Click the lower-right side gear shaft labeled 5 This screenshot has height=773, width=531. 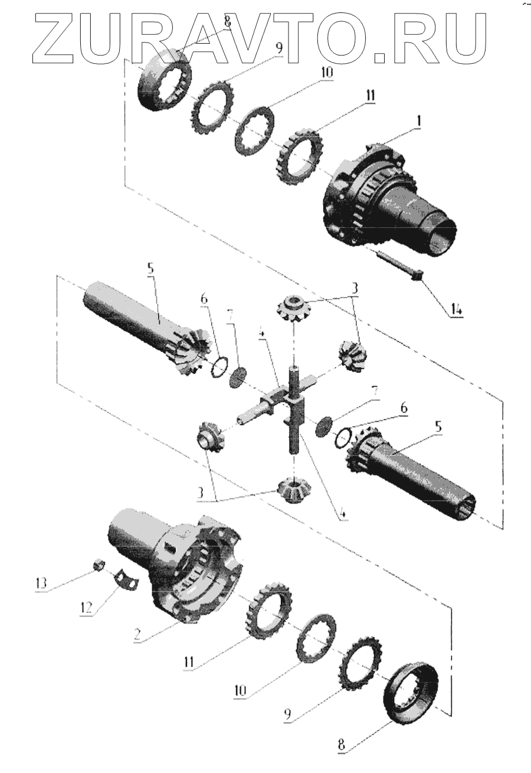point(413,472)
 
